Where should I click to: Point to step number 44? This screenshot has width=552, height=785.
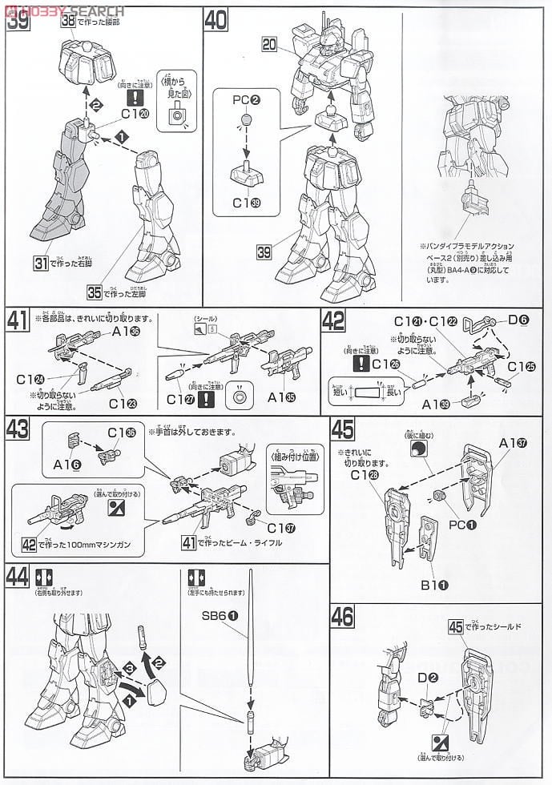pos(19,578)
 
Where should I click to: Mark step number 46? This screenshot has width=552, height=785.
pos(342,618)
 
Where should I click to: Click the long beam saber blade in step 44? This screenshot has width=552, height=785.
pos(250,633)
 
